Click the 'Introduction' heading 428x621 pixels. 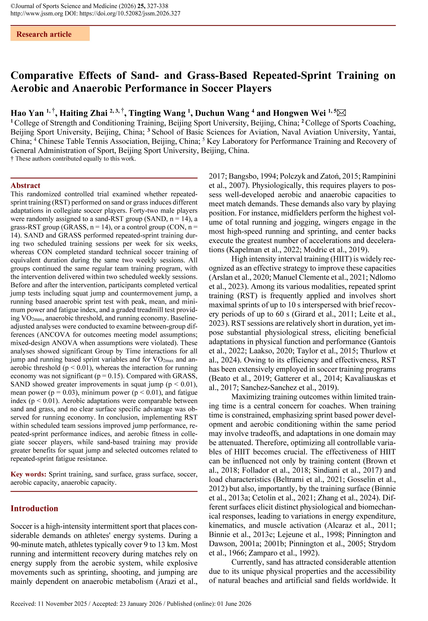point(34,508)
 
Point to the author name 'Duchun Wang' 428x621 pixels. point(222,113)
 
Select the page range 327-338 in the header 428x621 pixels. point(158,6)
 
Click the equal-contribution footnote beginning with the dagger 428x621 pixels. point(73,159)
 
